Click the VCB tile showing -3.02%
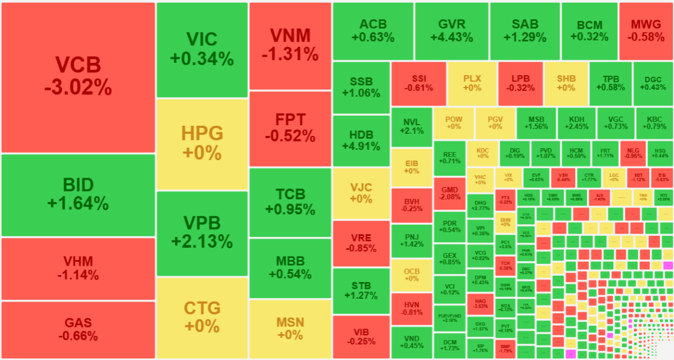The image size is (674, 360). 78,78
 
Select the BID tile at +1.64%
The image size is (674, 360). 78,194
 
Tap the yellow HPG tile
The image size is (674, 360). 202,144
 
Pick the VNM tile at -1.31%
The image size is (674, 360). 290,45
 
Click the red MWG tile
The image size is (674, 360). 645,31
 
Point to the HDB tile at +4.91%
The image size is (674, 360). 361,140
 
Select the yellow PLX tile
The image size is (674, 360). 472,83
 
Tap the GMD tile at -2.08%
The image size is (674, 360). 449,193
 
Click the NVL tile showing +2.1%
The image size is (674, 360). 412,125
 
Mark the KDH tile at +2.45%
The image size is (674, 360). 576,123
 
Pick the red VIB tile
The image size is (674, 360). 361,336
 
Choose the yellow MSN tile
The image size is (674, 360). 290,328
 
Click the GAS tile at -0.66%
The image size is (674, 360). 78,330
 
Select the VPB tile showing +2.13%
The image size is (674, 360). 202,233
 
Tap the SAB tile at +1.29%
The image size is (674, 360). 525,31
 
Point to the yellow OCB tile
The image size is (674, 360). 412,275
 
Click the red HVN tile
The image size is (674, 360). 412,308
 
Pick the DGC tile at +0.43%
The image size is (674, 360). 652,83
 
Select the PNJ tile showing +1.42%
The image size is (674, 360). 412,240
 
